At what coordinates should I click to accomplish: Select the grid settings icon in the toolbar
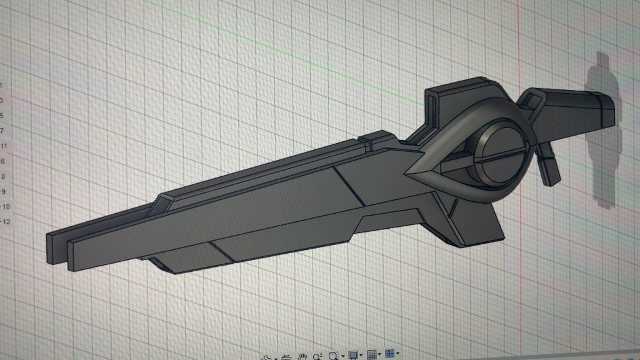coord(372,356)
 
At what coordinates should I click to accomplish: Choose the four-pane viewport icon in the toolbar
coord(391,356)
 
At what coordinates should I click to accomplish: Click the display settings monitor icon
coord(353,356)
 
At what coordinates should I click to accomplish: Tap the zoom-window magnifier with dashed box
coord(334,356)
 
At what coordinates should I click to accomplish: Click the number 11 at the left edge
coord(4,146)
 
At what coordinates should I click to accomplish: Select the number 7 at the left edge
coord(2,131)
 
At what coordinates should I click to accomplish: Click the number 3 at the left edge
coord(2,101)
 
